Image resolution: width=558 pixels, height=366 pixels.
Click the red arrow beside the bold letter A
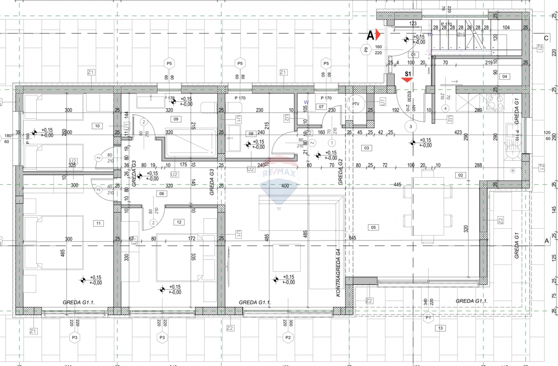(x=379, y=34)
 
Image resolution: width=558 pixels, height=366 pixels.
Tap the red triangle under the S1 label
(x=408, y=80)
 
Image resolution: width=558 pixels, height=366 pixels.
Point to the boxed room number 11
(x=98, y=223)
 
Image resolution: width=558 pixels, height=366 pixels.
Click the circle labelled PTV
(x=356, y=104)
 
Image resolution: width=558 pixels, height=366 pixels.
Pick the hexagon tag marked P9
(x=366, y=49)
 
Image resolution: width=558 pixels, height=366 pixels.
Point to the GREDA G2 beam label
(x=340, y=172)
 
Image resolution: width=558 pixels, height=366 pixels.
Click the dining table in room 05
(x=427, y=206)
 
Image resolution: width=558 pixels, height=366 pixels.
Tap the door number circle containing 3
(x=410, y=126)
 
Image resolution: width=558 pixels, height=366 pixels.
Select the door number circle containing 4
(x=445, y=108)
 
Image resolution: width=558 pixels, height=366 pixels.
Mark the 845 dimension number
(x=352, y=239)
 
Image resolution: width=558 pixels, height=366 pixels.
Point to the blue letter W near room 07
(x=306, y=101)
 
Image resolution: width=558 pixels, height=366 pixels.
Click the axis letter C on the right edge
(x=547, y=39)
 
